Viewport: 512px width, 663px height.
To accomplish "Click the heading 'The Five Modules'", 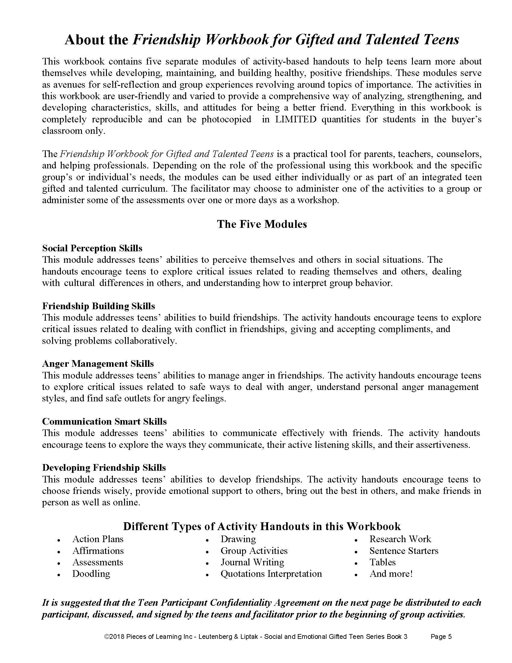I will click(262, 224).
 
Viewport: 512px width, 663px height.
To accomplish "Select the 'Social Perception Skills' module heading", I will click(92, 248).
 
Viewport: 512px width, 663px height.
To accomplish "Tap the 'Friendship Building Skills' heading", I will click(98, 306).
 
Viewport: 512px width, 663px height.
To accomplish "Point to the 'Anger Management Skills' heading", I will click(98, 364).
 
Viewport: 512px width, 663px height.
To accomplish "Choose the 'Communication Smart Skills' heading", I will click(104, 421).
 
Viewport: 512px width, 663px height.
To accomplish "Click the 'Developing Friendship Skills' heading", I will click(104, 467).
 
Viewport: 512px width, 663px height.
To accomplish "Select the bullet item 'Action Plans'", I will click(98, 539).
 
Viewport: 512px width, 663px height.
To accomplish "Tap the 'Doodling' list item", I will click(91, 573).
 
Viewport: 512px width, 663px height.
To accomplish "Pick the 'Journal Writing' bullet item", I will click(252, 562).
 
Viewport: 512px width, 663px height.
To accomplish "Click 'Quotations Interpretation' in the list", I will click(271, 573).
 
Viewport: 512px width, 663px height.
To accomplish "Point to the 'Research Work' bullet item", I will click(400, 539).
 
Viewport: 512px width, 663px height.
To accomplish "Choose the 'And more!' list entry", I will click(391, 573).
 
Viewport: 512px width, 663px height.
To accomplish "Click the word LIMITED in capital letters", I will click(296, 119).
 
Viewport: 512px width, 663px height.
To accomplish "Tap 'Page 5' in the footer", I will click(441, 636).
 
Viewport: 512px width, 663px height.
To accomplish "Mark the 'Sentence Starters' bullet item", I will click(404, 550).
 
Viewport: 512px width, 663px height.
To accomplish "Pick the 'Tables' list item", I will click(382, 562).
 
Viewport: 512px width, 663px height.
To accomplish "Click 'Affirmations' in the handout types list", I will click(98, 550).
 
